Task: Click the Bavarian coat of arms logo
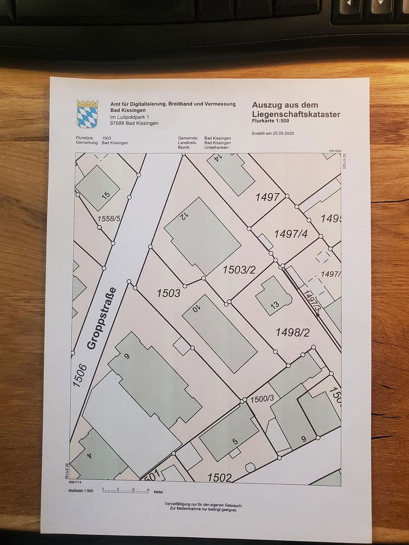point(87,114)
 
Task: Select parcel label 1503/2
point(239,270)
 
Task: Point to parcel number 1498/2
point(292,332)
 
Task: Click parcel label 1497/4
point(290,234)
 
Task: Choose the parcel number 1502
point(220,477)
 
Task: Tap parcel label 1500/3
point(262,399)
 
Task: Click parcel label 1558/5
point(109,219)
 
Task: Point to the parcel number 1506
point(80,376)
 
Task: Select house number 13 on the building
point(275,304)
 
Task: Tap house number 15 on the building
point(106,195)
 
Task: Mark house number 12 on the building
point(183,217)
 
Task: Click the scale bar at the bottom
point(126,490)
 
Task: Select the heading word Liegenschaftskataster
point(296,114)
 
